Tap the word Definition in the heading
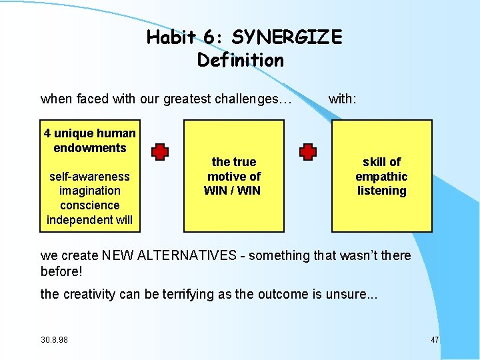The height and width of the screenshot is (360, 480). (241, 60)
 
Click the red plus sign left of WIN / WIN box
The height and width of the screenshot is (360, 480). (160, 152)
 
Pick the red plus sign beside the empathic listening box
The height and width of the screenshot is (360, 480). (308, 152)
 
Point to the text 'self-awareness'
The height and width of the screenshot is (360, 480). (89, 177)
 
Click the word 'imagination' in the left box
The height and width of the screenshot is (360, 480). (89, 191)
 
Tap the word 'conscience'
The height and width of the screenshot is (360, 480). (89, 205)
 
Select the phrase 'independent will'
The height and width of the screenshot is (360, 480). (89, 220)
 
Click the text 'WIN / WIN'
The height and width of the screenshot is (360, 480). (233, 191)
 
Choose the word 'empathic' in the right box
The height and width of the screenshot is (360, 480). (381, 177)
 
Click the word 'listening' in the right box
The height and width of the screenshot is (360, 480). (381, 191)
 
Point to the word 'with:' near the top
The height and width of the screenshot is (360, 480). (343, 99)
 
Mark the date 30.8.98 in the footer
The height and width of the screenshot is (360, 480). (54, 340)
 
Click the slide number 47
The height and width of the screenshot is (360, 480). (435, 340)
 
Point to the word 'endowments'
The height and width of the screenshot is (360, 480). (89, 148)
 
